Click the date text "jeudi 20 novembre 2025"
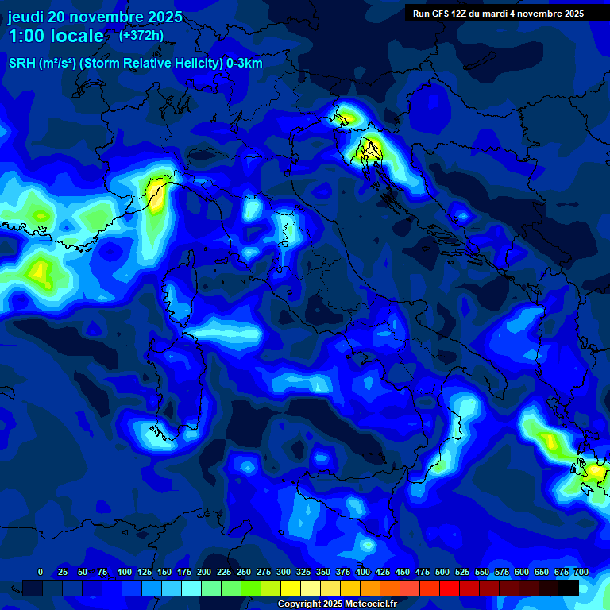[95, 17]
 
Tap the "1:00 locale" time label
[56, 36]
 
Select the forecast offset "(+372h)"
[141, 36]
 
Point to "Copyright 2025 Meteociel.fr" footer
[337, 604]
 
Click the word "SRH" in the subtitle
[22, 64]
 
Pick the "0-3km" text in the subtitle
[245, 64]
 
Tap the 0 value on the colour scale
[41, 572]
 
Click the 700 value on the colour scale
[581, 572]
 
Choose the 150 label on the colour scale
[164, 572]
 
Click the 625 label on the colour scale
[502, 572]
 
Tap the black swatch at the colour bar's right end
[569, 588]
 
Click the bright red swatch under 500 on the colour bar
[430, 588]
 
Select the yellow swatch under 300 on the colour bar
[291, 588]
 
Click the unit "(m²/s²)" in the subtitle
[57, 64]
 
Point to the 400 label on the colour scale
[363, 572]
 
